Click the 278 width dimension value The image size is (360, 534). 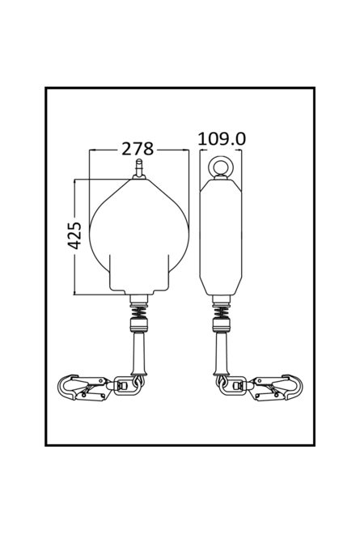click(x=138, y=149)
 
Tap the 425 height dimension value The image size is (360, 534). click(x=74, y=235)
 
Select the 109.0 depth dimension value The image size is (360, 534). click(x=222, y=139)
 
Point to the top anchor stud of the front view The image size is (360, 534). click(x=139, y=168)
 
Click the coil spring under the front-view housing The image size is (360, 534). click(x=139, y=311)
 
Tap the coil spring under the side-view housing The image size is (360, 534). click(x=222, y=311)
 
